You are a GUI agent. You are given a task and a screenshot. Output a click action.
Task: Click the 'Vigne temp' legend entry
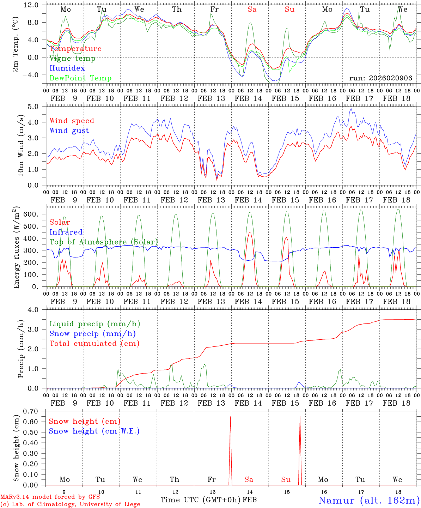click(72, 59)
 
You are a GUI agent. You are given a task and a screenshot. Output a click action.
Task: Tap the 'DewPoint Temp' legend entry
click(80, 78)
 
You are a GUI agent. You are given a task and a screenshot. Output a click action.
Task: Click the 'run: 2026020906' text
click(380, 78)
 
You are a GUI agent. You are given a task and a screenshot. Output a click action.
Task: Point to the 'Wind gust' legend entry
click(69, 131)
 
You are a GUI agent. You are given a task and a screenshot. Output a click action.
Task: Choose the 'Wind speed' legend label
click(72, 121)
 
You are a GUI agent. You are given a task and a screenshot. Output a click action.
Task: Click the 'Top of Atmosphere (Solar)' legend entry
click(104, 242)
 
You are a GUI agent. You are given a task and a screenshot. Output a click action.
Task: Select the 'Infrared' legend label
click(66, 232)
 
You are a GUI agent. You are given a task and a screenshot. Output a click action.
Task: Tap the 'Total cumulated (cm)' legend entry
click(94, 344)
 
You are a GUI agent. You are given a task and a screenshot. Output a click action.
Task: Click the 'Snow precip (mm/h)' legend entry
click(92, 334)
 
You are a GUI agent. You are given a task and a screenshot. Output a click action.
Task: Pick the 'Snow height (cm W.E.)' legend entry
click(94, 431)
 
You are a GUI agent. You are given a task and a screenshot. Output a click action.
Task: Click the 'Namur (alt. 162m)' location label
click(369, 500)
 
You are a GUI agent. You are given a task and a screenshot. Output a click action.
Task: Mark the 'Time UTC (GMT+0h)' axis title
click(201, 500)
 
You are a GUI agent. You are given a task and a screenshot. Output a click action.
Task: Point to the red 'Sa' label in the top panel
click(252, 10)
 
